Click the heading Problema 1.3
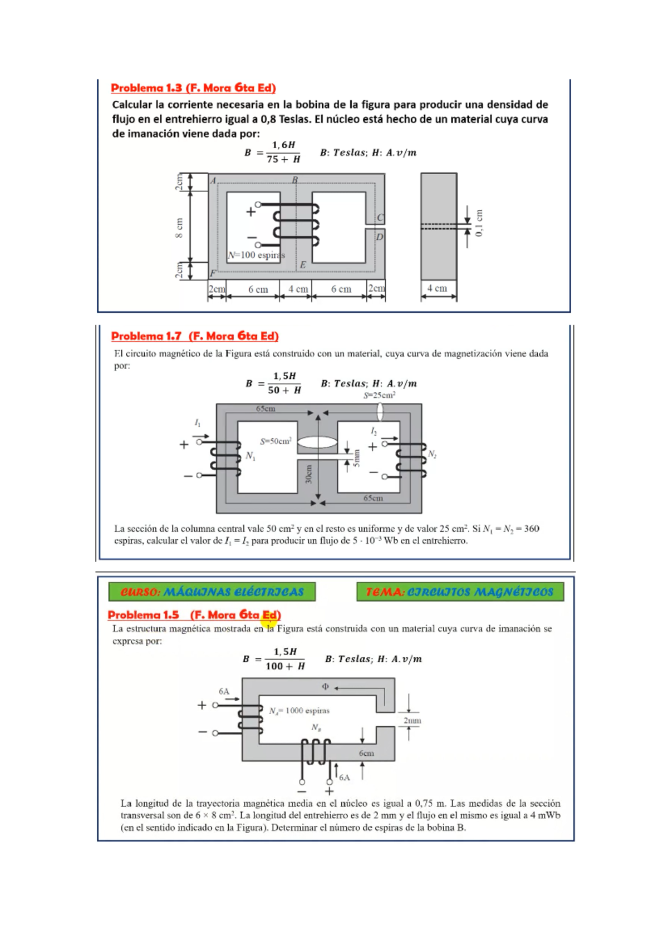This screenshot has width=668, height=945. click(193, 88)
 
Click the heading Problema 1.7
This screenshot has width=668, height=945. click(194, 336)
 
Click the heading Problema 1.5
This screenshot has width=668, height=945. click(194, 615)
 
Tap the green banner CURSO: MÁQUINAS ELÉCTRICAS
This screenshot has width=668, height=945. click(212, 592)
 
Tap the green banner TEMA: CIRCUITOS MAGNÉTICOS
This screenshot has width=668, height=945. click(460, 592)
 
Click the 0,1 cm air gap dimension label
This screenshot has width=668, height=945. click(480, 223)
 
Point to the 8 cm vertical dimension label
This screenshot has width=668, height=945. click(179, 227)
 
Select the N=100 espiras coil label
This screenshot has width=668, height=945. click(256, 255)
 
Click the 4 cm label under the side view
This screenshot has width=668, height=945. click(437, 288)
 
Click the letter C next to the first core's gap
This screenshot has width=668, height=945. click(380, 218)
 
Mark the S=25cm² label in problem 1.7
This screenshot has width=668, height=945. click(380, 395)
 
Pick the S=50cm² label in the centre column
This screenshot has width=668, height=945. click(276, 441)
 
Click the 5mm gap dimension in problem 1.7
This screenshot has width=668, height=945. click(357, 457)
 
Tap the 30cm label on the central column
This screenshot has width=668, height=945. click(309, 474)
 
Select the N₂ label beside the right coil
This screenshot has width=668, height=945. click(432, 454)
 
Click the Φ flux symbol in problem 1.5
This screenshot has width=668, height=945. click(326, 687)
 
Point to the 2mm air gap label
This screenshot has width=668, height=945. click(412, 720)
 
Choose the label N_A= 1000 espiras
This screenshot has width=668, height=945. click(299, 711)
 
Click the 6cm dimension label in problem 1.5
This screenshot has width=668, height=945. click(366, 753)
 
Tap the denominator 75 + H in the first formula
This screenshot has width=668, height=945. click(283, 160)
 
